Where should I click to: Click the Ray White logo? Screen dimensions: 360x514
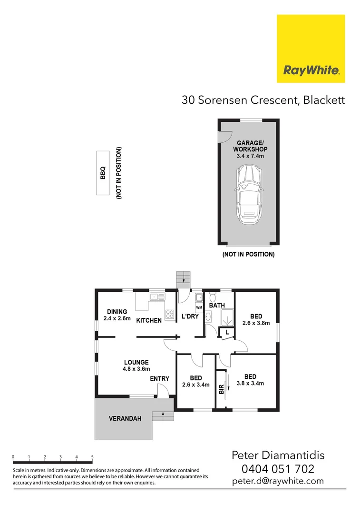tap(311, 49)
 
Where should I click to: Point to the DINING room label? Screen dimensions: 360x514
tap(117, 312)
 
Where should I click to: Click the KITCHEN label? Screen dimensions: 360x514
tap(149, 320)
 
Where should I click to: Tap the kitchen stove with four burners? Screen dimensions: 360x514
tap(170, 314)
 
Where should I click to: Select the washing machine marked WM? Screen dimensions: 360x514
tap(199, 308)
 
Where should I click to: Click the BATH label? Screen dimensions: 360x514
tap(217, 305)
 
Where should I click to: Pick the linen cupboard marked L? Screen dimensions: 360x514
tap(227, 332)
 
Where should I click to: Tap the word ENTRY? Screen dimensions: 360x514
tap(159, 379)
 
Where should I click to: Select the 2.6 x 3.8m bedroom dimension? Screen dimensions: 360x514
tap(256, 323)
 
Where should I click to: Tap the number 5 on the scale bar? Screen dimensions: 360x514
tap(92, 457)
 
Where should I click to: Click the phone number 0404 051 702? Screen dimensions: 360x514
tap(278, 469)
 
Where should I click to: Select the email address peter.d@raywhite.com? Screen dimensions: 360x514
tap(278, 481)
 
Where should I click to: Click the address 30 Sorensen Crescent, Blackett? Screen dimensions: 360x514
tap(263, 100)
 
